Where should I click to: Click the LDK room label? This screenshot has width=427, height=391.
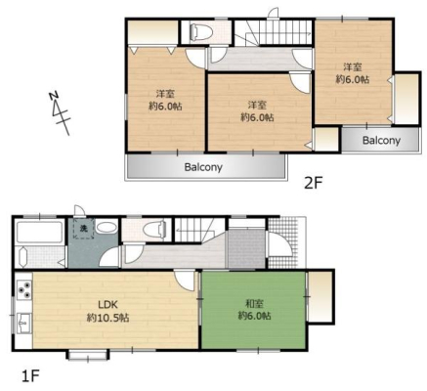pyautogui.click(x=107, y=305)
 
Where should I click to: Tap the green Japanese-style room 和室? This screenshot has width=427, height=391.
pyautogui.click(x=254, y=310)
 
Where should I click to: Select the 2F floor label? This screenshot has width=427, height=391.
pyautogui.click(x=313, y=184)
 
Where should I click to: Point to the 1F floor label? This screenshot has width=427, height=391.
pyautogui.click(x=30, y=376)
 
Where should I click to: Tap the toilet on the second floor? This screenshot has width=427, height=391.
pyautogui.click(x=202, y=32)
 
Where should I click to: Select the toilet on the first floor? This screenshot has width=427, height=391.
pyautogui.click(x=154, y=229)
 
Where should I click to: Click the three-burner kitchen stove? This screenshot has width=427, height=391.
pyautogui.click(x=24, y=289)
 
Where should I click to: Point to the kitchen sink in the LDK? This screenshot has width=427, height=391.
pyautogui.click(x=23, y=323)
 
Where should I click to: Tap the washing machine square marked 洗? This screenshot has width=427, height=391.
pyautogui.click(x=84, y=229)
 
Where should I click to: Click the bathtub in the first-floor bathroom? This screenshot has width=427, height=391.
pyautogui.click(x=40, y=232)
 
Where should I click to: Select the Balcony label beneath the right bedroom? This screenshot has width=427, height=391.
pyautogui.click(x=381, y=141)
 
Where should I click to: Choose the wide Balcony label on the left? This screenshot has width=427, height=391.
pyautogui.click(x=203, y=167)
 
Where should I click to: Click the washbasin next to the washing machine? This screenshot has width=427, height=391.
pyautogui.click(x=107, y=228)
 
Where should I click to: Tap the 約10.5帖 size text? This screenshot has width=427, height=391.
pyautogui.click(x=107, y=318)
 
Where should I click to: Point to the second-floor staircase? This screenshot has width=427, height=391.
pyautogui.click(x=274, y=32)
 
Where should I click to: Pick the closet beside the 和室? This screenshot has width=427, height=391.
pyautogui.click(x=320, y=296)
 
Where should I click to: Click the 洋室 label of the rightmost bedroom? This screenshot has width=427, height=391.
pyautogui.click(x=353, y=67)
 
